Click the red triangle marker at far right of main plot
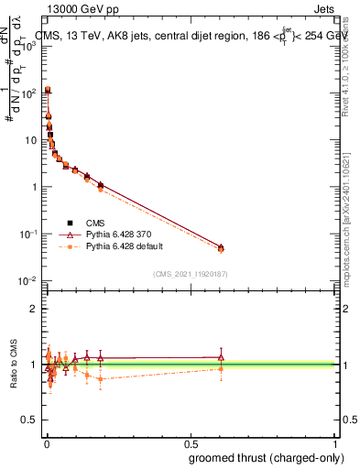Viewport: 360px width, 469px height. (220, 247)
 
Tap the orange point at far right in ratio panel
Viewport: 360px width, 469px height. (220, 369)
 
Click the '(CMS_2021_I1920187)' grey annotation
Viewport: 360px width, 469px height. (190, 273)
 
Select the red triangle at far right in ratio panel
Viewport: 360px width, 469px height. (220, 357)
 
